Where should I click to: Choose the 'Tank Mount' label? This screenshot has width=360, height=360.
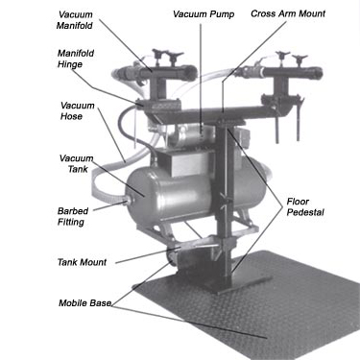pyautogui.click(x=84, y=261)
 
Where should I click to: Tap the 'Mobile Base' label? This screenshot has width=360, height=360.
pyautogui.click(x=84, y=304)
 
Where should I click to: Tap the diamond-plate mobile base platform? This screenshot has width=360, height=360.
pyautogui.click(x=259, y=307)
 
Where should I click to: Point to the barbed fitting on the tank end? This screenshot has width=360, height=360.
pyautogui.click(x=124, y=201)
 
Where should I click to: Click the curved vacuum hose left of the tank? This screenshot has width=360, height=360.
pyautogui.click(x=122, y=134)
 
